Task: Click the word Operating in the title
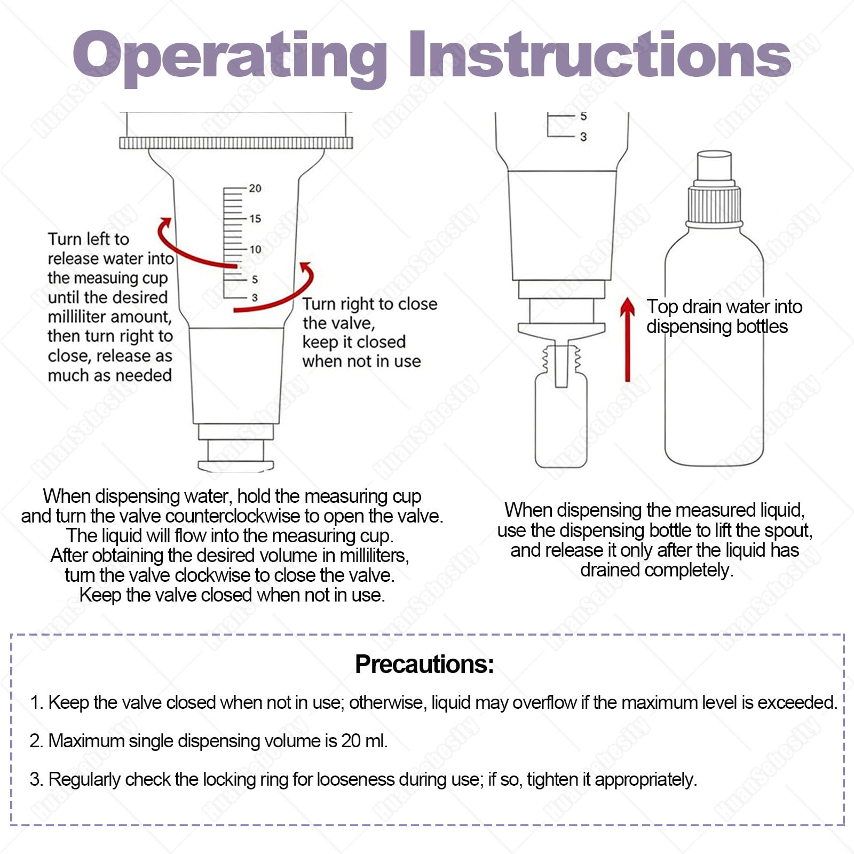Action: point(230,56)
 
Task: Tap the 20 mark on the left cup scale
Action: point(255,188)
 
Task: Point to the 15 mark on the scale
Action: point(255,219)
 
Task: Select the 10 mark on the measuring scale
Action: point(255,249)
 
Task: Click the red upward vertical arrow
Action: point(628,339)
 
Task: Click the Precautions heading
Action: point(424,665)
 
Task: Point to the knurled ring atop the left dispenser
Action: point(236,143)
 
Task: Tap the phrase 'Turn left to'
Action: point(89,239)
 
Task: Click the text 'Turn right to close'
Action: point(370,304)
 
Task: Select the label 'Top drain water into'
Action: point(724,307)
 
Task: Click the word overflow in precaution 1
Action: point(545,702)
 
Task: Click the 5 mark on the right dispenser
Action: point(583,116)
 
